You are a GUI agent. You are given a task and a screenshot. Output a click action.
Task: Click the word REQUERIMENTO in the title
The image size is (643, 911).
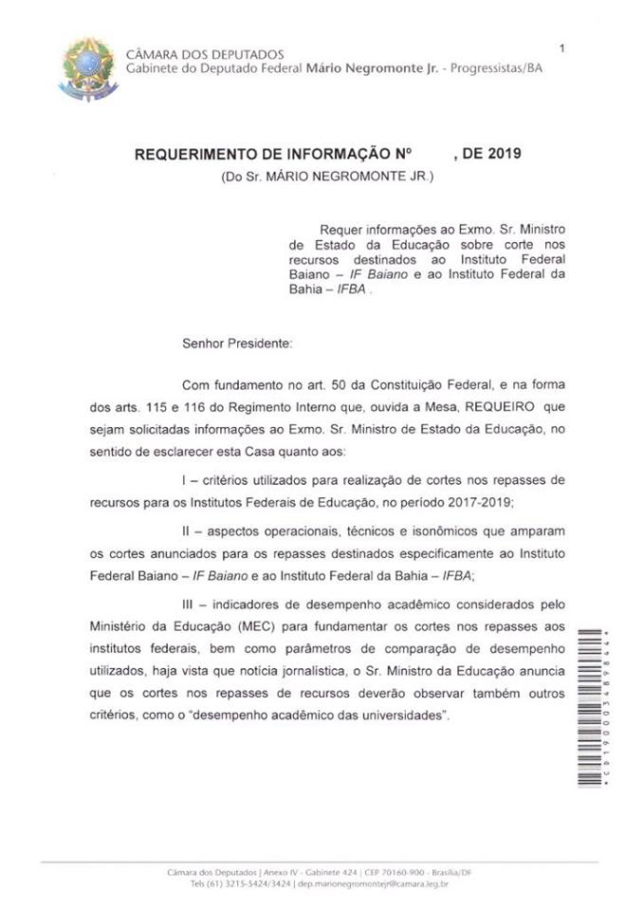point(193,153)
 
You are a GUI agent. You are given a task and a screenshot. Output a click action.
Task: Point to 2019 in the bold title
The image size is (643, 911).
point(503,153)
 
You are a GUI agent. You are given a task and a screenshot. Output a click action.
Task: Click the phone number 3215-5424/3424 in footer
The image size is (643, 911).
point(251,858)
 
